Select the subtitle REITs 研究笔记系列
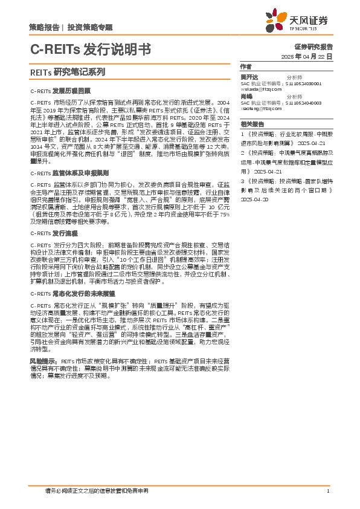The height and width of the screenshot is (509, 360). pos(66,71)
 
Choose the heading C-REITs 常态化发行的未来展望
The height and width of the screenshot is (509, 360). pos(69,293)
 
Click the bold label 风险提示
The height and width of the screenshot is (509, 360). pos(43,360)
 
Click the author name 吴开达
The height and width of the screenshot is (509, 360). pos(249,78)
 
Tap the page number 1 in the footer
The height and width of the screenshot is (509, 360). pos(327,491)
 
